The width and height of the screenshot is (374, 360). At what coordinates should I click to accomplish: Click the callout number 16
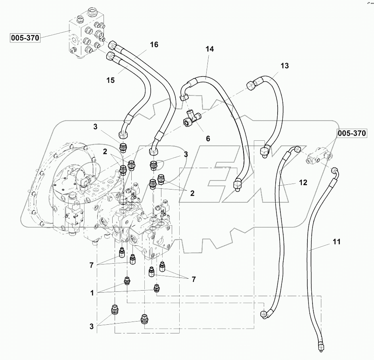(154, 45)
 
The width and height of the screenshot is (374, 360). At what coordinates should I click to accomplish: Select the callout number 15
(110, 80)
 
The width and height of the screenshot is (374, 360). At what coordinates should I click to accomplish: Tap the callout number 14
(209, 49)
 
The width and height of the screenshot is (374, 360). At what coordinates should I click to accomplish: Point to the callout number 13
(285, 65)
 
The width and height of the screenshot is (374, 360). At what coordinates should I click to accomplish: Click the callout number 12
(303, 183)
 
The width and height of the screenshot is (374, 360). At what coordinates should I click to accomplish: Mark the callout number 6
(207, 138)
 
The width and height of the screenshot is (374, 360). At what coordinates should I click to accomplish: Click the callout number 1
(92, 293)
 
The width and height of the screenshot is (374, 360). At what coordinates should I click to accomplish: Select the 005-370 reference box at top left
(25, 38)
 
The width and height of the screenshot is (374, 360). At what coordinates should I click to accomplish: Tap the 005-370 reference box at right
(352, 133)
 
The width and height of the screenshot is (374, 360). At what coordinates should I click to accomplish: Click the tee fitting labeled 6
(192, 118)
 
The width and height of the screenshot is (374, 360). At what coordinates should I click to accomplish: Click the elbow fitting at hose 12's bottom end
(265, 314)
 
